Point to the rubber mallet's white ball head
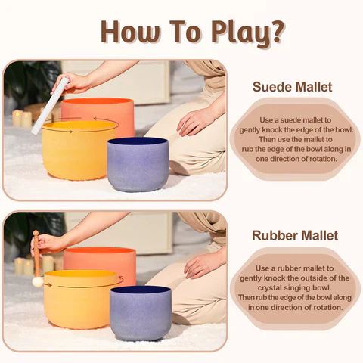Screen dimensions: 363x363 coord(37,281)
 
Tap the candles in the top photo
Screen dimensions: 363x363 coord(21,118)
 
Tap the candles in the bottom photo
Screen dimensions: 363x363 coord(23,265)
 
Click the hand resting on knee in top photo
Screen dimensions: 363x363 coord(196,121)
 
